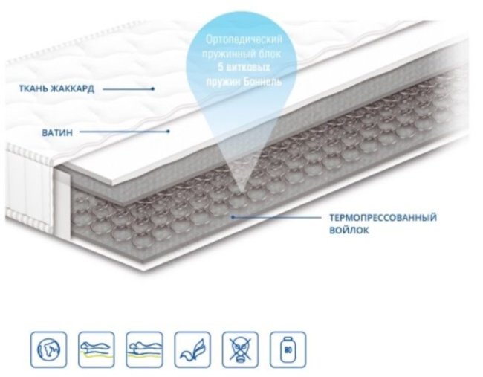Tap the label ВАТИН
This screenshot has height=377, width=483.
[57, 132]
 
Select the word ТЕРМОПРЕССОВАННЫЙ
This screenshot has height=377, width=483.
[383, 217]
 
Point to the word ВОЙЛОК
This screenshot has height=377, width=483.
[349, 230]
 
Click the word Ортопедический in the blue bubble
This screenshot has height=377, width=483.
[244, 40]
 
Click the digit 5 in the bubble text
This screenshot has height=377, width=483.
[221, 68]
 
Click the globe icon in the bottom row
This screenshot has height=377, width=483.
[48, 349]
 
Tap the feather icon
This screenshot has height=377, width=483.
[192, 349]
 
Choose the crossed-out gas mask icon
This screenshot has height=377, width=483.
[240, 349]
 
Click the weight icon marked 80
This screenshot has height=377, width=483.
[288, 349]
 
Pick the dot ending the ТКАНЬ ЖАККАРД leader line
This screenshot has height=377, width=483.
[152, 88]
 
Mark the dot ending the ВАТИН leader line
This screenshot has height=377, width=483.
[168, 132]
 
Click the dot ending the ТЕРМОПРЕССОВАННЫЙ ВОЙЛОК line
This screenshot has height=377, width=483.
[233, 217]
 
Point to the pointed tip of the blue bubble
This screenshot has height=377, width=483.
[241, 193]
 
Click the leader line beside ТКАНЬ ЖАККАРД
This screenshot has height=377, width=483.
[128, 89]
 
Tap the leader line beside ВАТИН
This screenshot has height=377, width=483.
[124, 132]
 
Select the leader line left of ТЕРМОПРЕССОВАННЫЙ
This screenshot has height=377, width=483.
[277, 217]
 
